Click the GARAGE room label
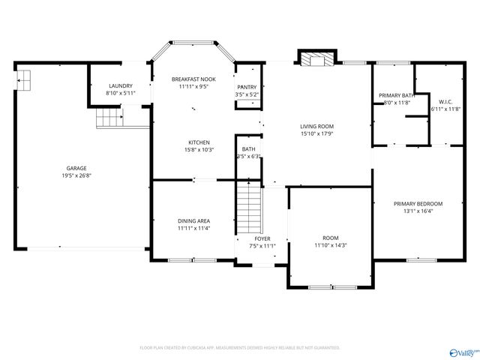[x=76, y=168]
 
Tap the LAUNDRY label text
[x=120, y=85]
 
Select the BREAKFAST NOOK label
[x=193, y=79]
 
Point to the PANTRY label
[x=247, y=87]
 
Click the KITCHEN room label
[x=199, y=142]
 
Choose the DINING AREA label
[x=193, y=220]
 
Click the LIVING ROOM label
[x=316, y=126]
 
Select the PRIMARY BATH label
[x=396, y=95]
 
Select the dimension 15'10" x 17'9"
[x=316, y=134]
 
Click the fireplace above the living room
[x=315, y=58]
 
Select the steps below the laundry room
[x=109, y=119]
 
